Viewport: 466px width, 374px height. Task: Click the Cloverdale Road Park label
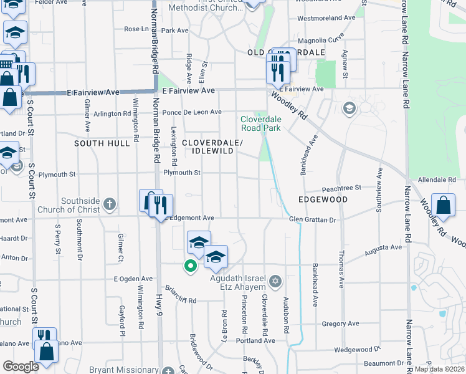pyautogui.click(x=261, y=123)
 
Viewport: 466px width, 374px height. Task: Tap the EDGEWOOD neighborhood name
pyautogui.click(x=323, y=199)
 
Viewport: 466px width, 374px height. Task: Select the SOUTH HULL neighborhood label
pyautogui.click(x=102, y=143)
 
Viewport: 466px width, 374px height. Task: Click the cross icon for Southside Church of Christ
pyautogui.click(x=110, y=203)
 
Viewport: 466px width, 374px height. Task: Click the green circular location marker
pyautogui.click(x=191, y=266)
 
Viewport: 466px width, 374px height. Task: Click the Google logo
pyautogui.click(x=21, y=366)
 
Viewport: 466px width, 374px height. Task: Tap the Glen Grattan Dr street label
pyautogui.click(x=312, y=219)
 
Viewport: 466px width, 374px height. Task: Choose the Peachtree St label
pyautogui.click(x=341, y=188)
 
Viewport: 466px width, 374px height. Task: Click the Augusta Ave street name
pyautogui.click(x=383, y=247)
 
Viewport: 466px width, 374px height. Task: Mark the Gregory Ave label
pyautogui.click(x=341, y=324)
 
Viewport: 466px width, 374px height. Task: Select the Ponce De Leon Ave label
pyautogui.click(x=192, y=112)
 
